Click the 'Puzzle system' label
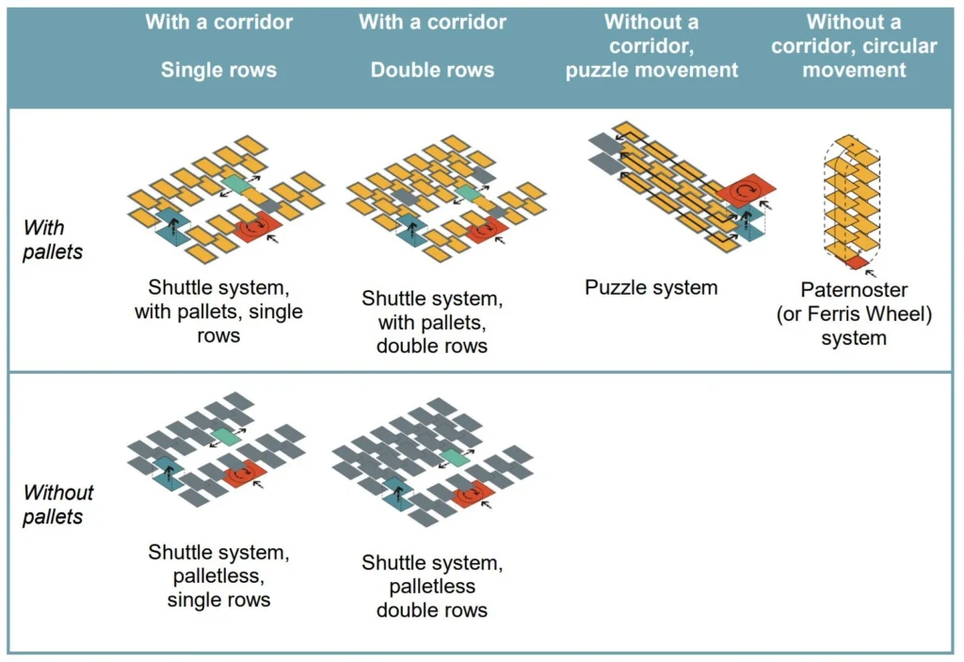coord(651,287)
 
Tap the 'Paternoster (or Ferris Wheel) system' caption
coord(853,313)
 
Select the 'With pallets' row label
coord(53,239)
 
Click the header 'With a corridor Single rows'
coord(218,45)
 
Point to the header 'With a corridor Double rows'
coord(432,45)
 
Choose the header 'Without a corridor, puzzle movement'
coord(651,45)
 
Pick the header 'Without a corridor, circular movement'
coord(853,45)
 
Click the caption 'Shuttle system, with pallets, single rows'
coord(218,311)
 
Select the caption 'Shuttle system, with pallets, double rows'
coord(432,322)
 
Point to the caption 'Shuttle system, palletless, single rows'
coord(218,575)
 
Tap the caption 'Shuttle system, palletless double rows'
coord(432,586)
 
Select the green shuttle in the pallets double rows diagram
coord(466,193)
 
